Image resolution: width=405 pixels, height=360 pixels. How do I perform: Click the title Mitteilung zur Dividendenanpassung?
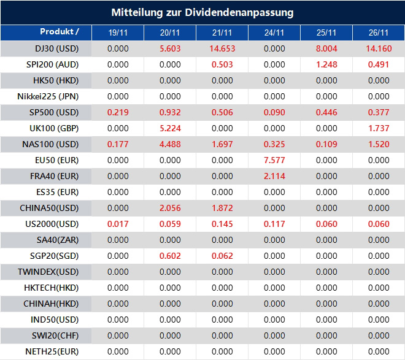tap(202, 12)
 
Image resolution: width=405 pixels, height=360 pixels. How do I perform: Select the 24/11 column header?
tap(274, 33)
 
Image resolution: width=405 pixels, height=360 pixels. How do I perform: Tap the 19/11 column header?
tap(118, 33)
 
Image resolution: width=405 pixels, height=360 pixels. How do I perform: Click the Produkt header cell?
tap(59, 32)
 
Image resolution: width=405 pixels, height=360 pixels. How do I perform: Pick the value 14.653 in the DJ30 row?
tap(222, 48)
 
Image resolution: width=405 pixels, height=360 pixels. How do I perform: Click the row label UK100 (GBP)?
tap(55, 128)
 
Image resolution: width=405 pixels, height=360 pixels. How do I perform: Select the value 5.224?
tap(170, 128)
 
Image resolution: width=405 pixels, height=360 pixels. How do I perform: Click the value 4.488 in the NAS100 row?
tap(170, 144)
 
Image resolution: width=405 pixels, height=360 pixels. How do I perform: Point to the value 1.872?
tap(222, 208)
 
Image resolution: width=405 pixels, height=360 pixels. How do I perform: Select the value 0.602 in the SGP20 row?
tap(170, 256)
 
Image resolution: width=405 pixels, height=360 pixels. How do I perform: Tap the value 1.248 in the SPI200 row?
tap(326, 64)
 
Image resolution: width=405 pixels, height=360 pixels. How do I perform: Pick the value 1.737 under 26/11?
tap(379, 128)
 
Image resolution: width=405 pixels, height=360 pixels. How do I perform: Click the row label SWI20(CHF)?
tap(55, 335)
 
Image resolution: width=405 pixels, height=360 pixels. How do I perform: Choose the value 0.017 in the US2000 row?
tap(118, 224)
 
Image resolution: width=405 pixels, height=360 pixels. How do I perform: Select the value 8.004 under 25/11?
tap(326, 48)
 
